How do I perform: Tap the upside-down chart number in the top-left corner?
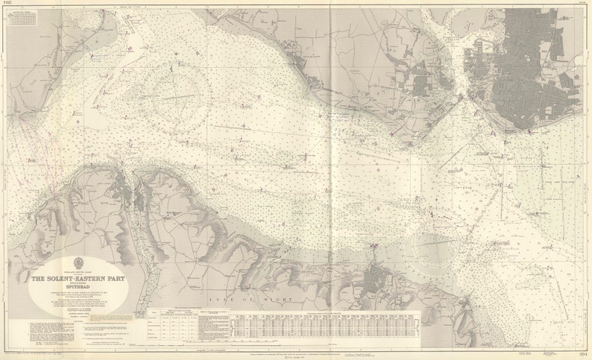[9, 4]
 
